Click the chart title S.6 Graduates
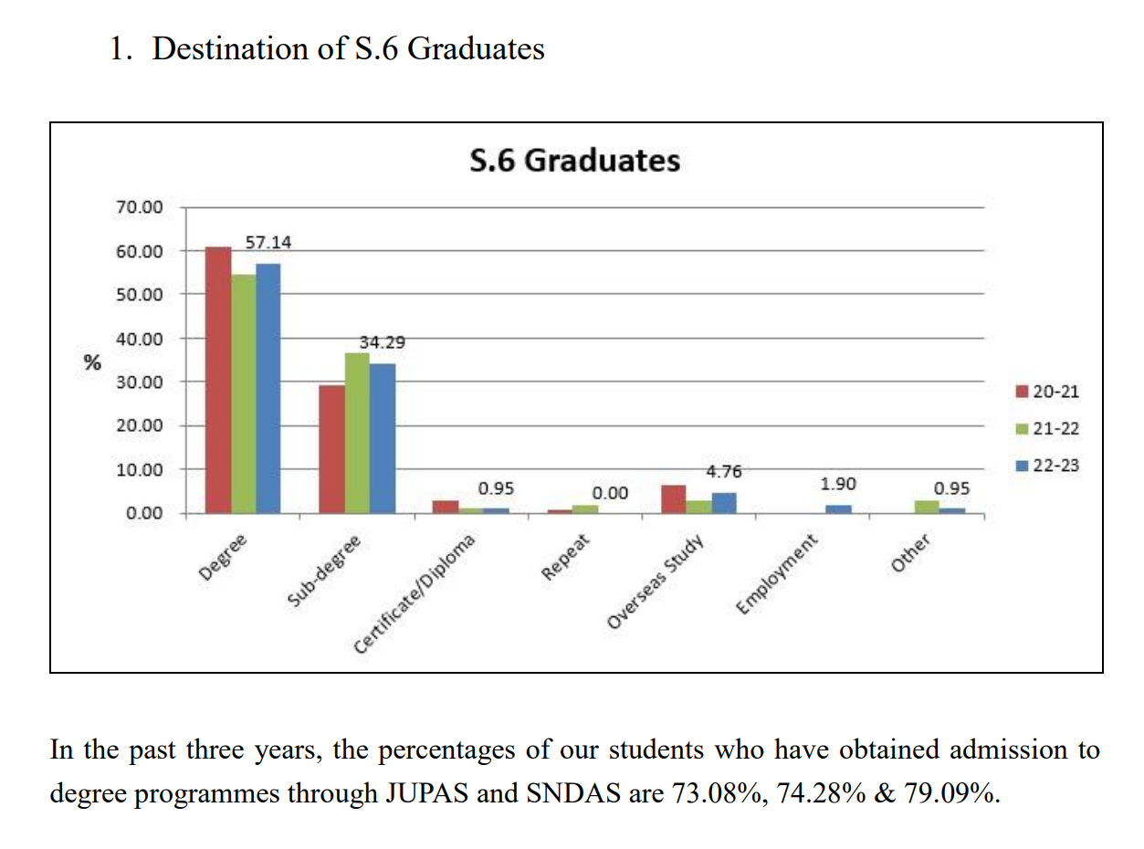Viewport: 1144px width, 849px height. click(575, 161)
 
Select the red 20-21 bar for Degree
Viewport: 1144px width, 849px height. click(218, 379)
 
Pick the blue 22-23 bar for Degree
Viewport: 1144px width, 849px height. click(268, 388)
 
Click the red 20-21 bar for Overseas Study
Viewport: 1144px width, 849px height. click(673, 499)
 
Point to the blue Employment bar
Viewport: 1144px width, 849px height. click(838, 508)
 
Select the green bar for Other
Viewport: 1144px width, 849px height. click(927, 507)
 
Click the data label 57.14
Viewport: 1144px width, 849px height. click(268, 243)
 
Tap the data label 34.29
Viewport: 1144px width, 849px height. click(383, 343)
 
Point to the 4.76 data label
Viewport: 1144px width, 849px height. click(725, 472)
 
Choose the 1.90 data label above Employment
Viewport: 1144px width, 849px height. click(838, 484)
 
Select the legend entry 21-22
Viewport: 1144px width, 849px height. click(1055, 429)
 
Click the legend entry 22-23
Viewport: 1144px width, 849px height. click(1055, 466)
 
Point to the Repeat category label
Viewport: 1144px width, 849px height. click(568, 558)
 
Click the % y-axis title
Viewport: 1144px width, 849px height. click(91, 362)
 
